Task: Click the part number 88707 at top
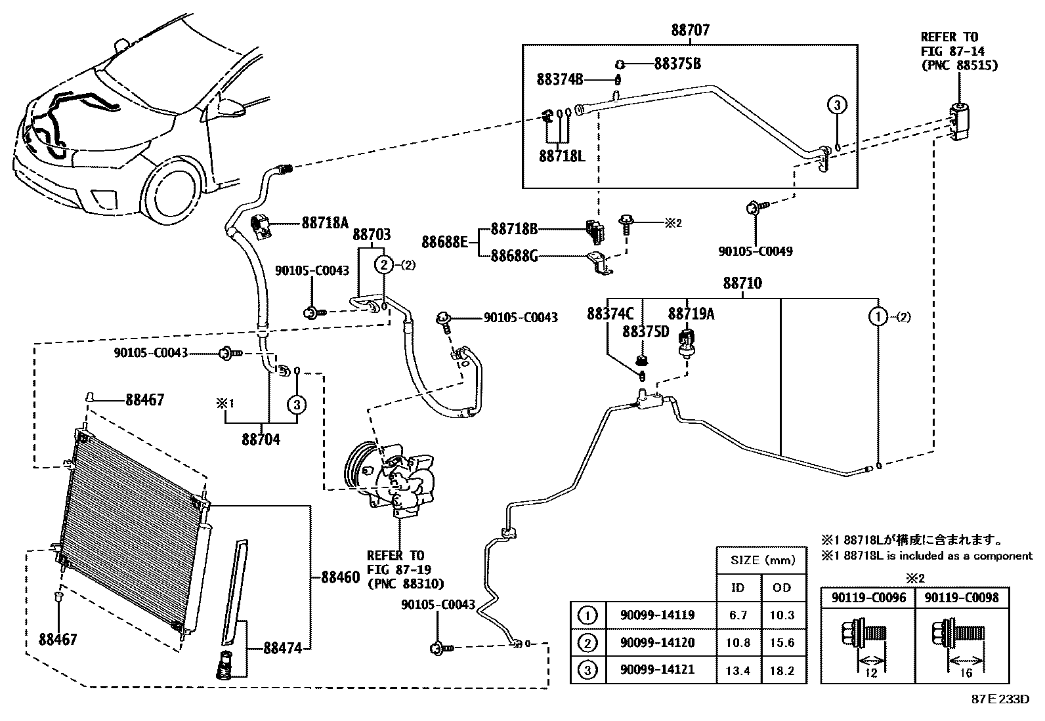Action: click(x=690, y=30)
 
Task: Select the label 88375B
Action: click(x=677, y=64)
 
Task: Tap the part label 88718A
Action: click(x=325, y=223)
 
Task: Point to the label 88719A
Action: click(x=691, y=314)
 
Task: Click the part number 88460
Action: click(x=341, y=577)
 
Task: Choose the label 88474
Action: click(x=282, y=648)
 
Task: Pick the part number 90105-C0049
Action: click(x=756, y=251)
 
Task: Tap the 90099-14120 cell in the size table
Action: click(x=657, y=643)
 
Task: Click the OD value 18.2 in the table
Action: click(x=782, y=670)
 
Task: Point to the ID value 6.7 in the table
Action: click(x=738, y=615)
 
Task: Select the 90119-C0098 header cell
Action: click(x=962, y=598)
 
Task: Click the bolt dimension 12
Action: click(x=871, y=673)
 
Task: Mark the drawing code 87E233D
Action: click(x=1000, y=699)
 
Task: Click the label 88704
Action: click(x=261, y=440)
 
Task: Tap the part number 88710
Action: click(x=742, y=283)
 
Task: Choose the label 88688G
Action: click(x=513, y=256)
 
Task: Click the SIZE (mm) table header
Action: click(x=762, y=560)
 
